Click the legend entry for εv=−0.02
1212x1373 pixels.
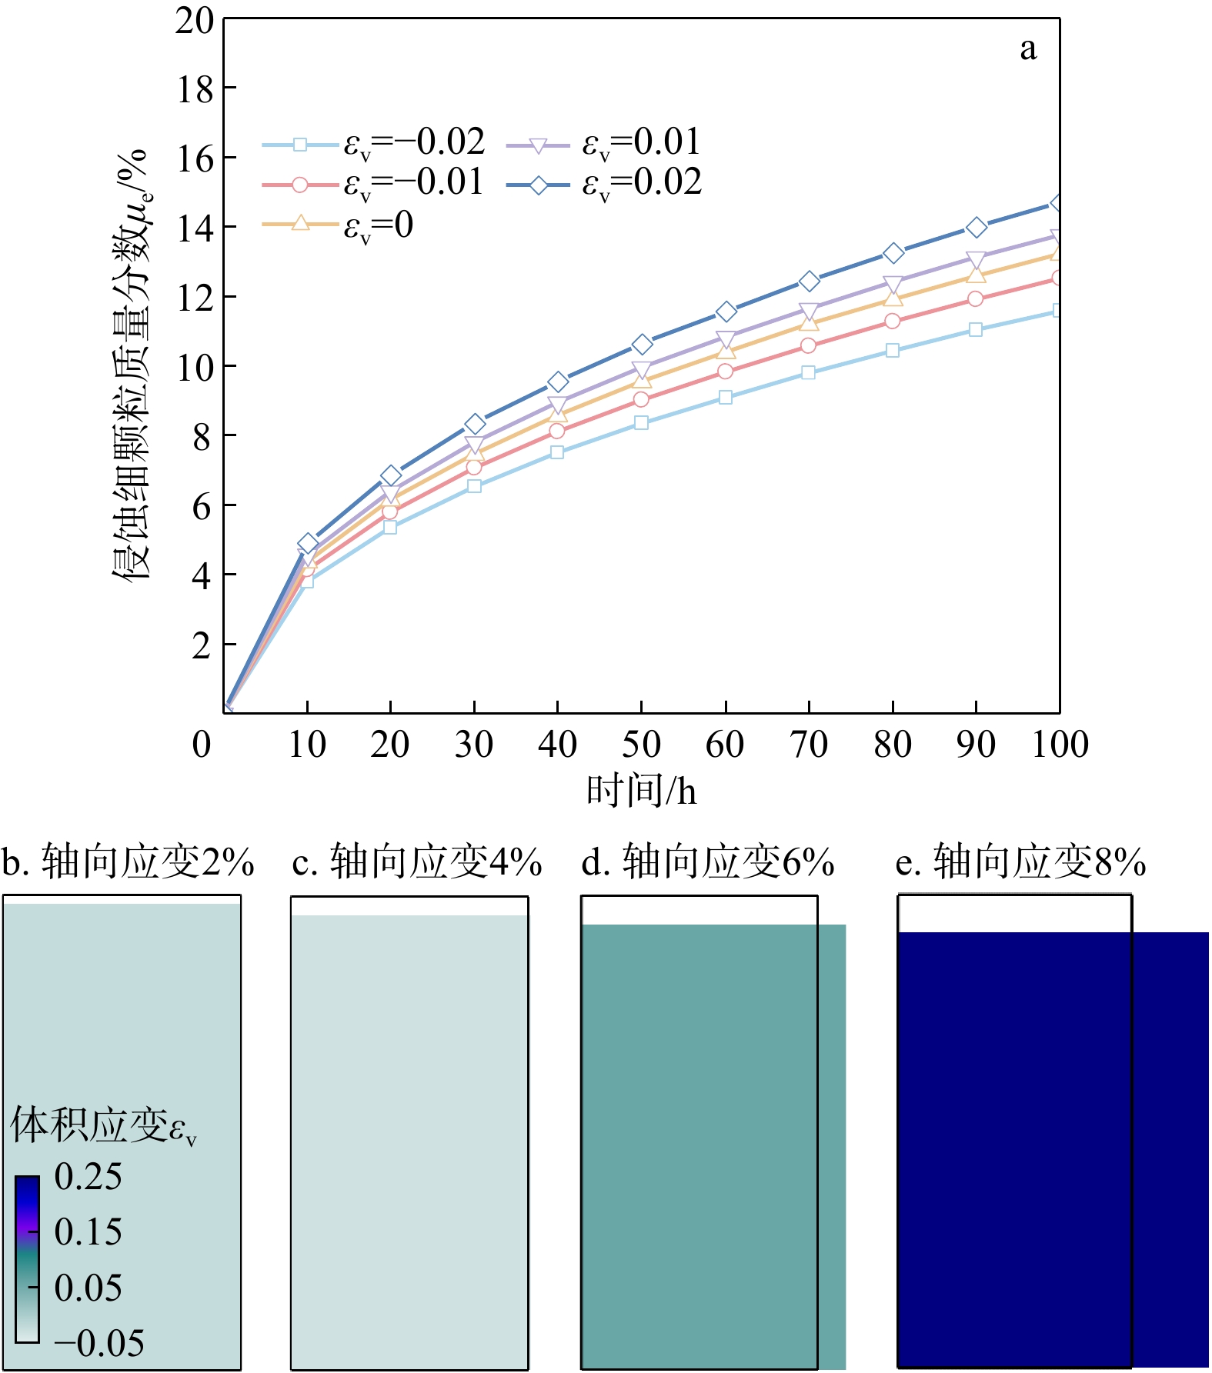(374, 143)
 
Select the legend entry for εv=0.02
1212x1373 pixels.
(604, 184)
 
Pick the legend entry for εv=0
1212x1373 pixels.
(338, 225)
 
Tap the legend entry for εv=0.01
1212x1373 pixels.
(604, 143)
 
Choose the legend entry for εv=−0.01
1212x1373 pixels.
(373, 184)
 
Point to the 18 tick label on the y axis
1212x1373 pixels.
(195, 91)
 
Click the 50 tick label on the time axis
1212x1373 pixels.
(641, 745)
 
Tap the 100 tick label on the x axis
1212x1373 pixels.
(1060, 745)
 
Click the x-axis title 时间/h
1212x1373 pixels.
(641, 791)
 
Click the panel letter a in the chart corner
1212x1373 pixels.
(1028, 49)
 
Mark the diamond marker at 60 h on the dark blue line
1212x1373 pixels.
(726, 312)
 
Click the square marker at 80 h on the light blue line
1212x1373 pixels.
(893, 350)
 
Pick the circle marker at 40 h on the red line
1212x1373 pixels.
(557, 431)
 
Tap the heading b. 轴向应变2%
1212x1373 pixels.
(128, 861)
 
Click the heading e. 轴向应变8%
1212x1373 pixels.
(1021, 861)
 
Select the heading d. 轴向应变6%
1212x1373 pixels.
(708, 861)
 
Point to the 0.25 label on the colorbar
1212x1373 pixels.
(88, 1176)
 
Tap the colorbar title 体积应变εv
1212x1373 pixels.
(104, 1125)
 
